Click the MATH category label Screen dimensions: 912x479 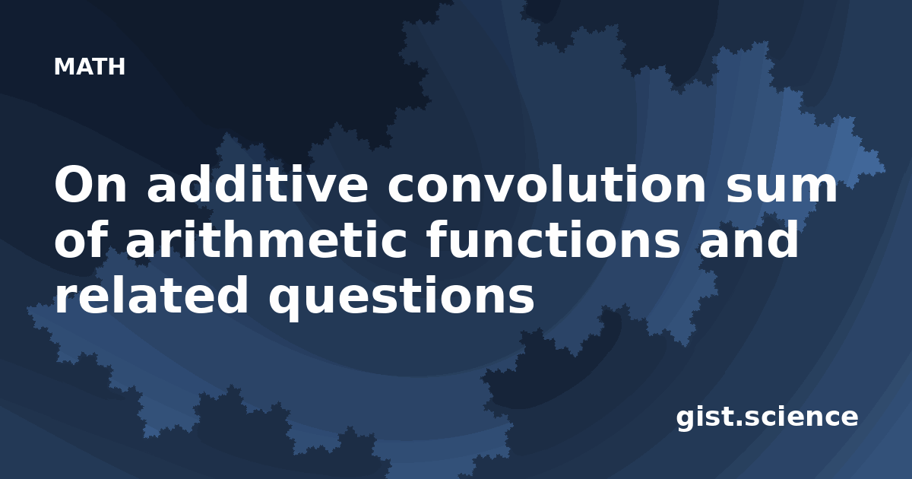pyautogui.click(x=90, y=66)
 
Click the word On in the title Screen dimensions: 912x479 pyautogui.click(x=90, y=186)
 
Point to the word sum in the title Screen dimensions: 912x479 pyautogui.click(x=781, y=189)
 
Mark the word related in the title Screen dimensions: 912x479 pyautogui.click(x=151, y=294)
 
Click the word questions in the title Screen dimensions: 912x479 pyautogui.click(x=401, y=297)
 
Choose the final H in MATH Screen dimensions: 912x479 pyautogui.click(x=117, y=66)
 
